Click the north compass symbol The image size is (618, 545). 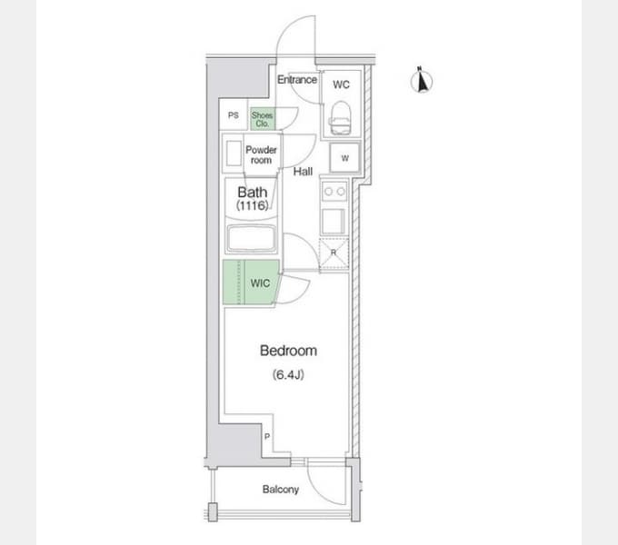click(x=422, y=80)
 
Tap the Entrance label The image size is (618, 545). click(x=297, y=80)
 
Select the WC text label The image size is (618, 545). click(x=341, y=84)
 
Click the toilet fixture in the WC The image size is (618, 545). click(x=340, y=118)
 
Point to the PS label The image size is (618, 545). click(x=234, y=115)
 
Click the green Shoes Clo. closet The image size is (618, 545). click(x=262, y=119)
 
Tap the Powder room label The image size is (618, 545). click(x=261, y=154)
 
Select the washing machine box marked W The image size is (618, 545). click(x=344, y=158)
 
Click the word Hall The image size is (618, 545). click(x=303, y=172)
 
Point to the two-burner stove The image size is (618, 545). click(x=334, y=193)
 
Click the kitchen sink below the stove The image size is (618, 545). click(x=334, y=222)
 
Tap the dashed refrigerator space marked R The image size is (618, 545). click(x=334, y=253)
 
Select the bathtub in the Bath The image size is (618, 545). click(x=251, y=238)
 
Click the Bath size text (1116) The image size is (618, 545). click(x=253, y=205)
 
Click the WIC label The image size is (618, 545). click(x=260, y=283)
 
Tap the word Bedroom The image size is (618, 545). click(x=288, y=351)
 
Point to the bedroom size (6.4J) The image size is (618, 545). click(x=288, y=374)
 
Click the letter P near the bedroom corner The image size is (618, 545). click(x=267, y=436)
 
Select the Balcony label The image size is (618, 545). click(x=281, y=490)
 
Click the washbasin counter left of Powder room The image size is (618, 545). click(x=234, y=154)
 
